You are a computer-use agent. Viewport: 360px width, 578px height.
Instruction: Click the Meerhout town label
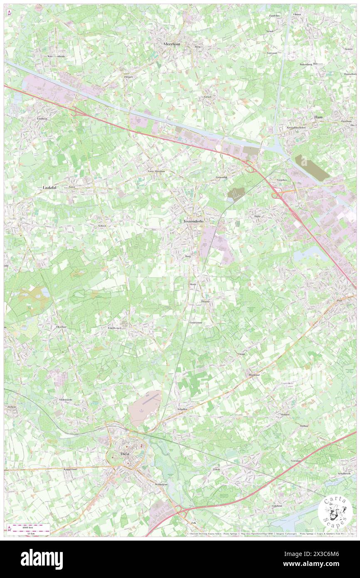pos(171,43)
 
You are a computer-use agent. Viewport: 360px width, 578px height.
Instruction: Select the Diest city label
pos(121,454)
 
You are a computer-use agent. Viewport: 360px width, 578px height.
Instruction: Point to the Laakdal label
pos(52,188)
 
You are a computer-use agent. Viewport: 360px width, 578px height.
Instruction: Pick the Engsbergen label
pos(114,328)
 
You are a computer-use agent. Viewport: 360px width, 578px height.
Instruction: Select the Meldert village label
pos(285,415)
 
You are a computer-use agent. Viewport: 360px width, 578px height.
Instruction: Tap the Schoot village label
pos(102,226)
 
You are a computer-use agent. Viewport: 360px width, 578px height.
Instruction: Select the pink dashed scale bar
pos(30,527)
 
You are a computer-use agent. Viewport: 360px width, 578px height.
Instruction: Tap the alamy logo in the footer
pos(42,559)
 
